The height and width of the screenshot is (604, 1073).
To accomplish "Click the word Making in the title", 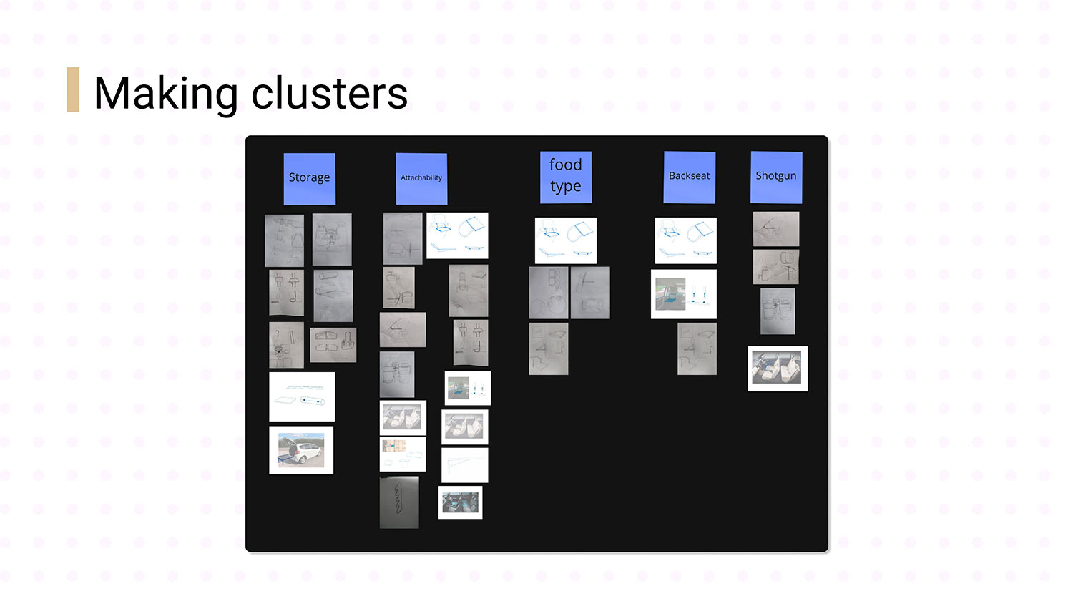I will [165, 94].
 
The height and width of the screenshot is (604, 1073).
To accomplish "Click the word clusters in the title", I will [329, 94].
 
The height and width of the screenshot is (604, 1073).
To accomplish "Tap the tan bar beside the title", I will [73, 89].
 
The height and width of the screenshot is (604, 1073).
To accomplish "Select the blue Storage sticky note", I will [309, 178].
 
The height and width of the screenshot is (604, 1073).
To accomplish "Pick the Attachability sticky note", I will [421, 178].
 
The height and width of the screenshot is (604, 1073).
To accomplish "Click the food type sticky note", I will [565, 176].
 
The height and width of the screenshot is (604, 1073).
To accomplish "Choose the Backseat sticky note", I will [690, 176].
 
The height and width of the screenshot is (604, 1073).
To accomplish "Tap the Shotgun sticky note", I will [776, 177].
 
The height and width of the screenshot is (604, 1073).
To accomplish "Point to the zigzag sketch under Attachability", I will [398, 502].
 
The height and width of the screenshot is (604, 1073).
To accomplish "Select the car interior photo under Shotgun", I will [778, 369].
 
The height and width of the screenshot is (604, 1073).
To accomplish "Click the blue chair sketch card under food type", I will [565, 240].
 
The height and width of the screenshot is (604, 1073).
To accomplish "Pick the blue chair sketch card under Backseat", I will [685, 240].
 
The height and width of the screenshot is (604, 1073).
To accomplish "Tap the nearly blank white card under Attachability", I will [465, 465].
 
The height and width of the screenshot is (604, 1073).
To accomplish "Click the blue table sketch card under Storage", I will [302, 396].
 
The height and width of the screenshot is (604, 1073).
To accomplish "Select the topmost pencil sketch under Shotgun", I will [776, 229].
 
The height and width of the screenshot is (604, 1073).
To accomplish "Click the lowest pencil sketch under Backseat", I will [697, 349].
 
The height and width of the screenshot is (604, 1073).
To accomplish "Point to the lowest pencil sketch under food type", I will [549, 349].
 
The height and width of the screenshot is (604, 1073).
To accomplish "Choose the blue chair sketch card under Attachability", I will [457, 235].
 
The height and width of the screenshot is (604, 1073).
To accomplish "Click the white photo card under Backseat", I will [684, 294].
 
